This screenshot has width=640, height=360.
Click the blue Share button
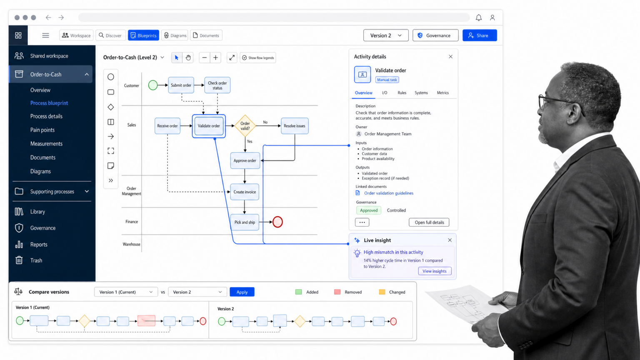[x=480, y=35]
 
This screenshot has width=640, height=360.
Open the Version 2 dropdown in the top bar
[x=386, y=35]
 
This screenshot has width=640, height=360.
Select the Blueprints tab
[x=143, y=35]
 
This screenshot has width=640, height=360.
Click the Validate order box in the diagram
[x=209, y=126]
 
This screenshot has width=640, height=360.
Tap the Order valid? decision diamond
[x=245, y=126]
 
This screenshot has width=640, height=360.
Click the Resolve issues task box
[x=295, y=126]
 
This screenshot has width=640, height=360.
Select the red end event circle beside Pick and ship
[x=277, y=222]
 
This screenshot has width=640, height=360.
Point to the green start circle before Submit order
[x=153, y=85]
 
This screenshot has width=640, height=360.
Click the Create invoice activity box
[x=245, y=192]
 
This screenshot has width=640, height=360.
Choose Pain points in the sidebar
[x=42, y=130]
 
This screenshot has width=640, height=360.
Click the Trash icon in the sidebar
[x=19, y=260]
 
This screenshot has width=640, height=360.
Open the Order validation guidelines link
[x=389, y=193]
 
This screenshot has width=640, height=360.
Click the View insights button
[x=435, y=271]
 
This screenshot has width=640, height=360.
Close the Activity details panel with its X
[x=450, y=57]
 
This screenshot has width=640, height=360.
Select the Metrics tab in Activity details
[x=442, y=93]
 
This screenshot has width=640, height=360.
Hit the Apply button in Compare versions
[x=242, y=292]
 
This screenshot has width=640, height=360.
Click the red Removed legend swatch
[x=337, y=292]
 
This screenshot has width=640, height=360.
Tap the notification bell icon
[x=479, y=18]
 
